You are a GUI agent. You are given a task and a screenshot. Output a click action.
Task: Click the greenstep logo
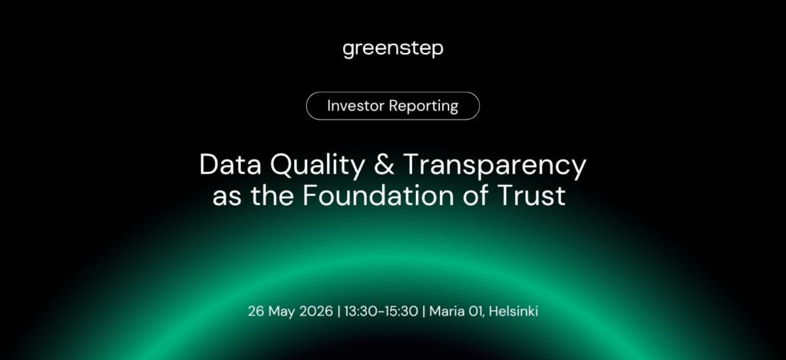393,50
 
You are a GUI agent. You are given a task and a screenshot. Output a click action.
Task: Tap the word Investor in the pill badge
356,106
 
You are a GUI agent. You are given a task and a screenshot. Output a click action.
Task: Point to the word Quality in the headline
318,166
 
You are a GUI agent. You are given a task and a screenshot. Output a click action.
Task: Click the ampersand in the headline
384,165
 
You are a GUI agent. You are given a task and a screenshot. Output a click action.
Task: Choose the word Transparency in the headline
494,167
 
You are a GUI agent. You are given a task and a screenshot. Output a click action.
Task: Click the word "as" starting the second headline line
227,198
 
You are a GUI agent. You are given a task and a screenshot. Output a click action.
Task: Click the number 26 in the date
256,312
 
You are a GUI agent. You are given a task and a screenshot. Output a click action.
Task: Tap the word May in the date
282,312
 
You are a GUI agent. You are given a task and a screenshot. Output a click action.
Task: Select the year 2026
316,312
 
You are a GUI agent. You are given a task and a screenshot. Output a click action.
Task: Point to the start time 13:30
361,312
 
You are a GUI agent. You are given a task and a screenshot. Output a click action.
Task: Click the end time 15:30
401,312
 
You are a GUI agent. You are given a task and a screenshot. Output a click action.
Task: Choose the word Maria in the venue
447,312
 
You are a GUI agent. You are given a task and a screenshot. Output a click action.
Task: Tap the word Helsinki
514,312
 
